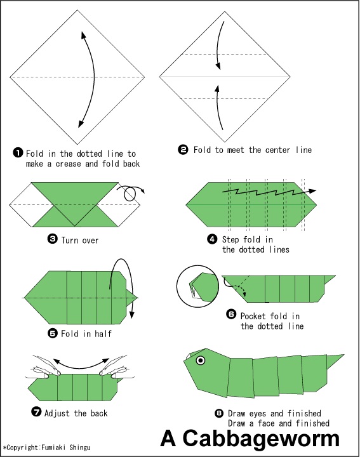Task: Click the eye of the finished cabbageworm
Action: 201,361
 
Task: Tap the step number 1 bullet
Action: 18,153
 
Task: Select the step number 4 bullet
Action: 212,239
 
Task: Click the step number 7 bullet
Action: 36,412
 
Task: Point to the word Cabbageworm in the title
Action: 261,438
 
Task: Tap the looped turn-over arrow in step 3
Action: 130,193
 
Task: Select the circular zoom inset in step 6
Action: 197,286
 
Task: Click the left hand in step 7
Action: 44,367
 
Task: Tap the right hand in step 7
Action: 114,368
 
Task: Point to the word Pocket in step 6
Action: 253,316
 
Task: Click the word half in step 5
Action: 103,333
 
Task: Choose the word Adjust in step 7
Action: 57,413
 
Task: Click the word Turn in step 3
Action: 70,240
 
